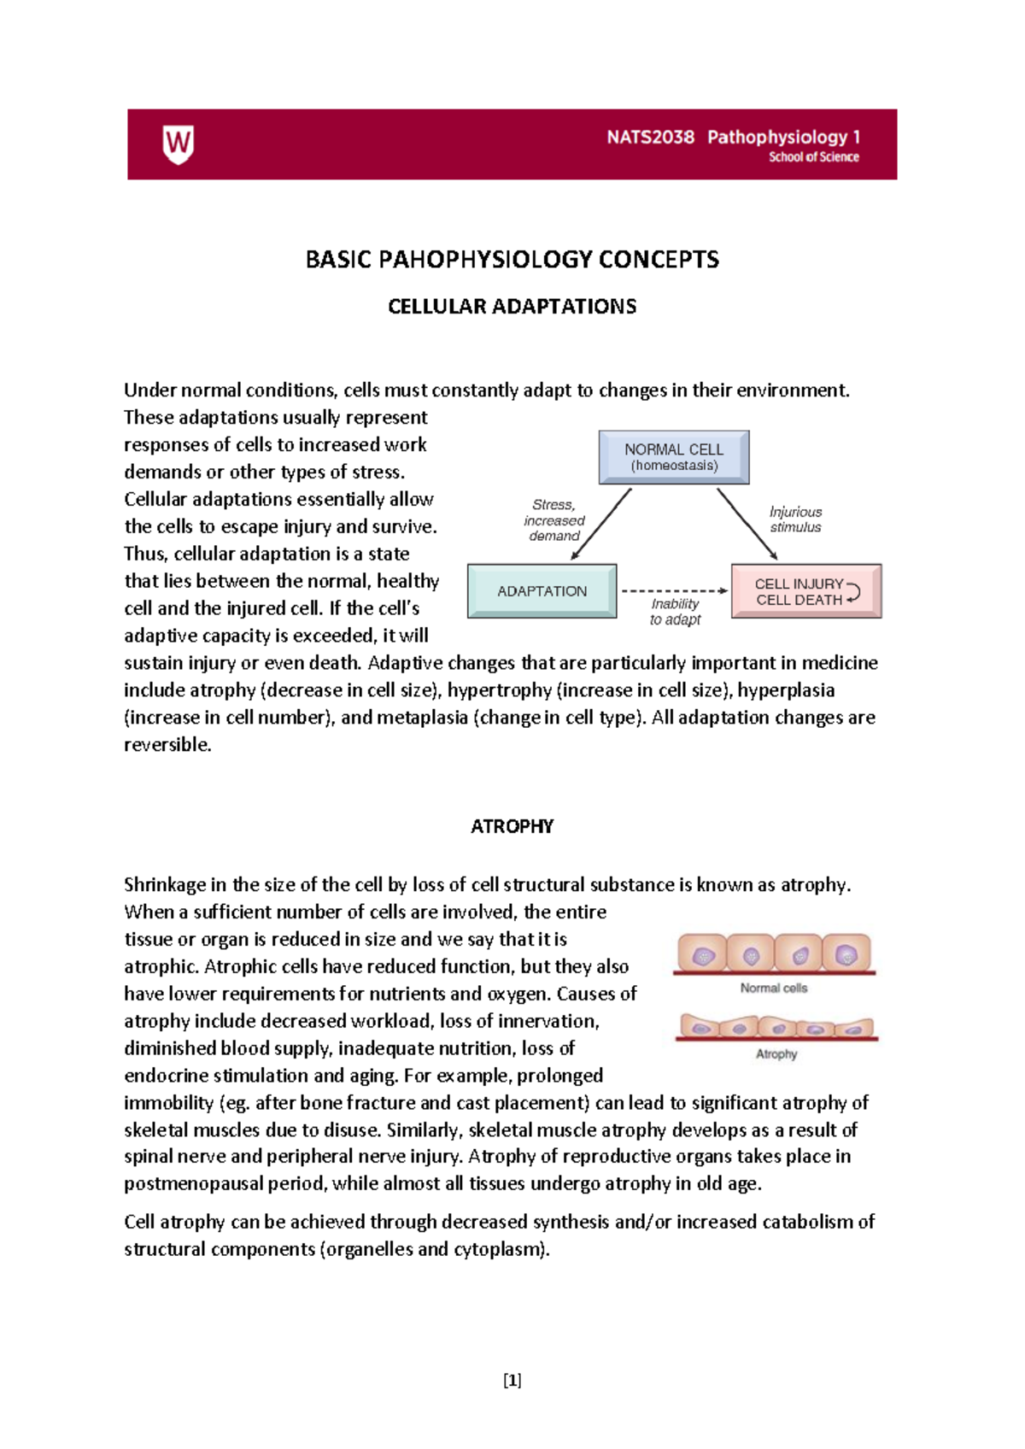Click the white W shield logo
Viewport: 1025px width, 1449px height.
[178, 144]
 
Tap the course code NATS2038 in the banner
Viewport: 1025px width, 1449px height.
[650, 138]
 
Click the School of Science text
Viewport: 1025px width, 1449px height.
[813, 157]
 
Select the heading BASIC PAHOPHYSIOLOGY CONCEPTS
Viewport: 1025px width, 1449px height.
[512, 260]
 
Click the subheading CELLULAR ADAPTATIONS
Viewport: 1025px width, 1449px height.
[512, 307]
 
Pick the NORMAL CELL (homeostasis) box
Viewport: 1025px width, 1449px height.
[674, 457]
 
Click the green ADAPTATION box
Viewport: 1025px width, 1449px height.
[542, 591]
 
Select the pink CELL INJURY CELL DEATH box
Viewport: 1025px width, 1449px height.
[805, 591]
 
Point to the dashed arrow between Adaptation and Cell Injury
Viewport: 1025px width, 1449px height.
[673, 590]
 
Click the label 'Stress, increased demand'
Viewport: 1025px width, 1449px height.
[554, 520]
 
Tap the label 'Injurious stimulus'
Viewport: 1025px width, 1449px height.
[795, 519]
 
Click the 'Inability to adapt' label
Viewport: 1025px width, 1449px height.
[675, 612]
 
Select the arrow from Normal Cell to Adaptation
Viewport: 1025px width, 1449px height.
[601, 524]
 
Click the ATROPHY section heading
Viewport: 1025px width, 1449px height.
[512, 826]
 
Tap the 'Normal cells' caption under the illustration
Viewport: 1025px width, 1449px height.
[773, 988]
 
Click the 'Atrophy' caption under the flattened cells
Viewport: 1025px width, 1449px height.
[776, 1054]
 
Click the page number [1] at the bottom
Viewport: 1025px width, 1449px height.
[512, 1380]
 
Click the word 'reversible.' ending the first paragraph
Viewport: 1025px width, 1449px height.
[167, 745]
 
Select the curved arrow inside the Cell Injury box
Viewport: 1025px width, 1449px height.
[852, 591]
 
